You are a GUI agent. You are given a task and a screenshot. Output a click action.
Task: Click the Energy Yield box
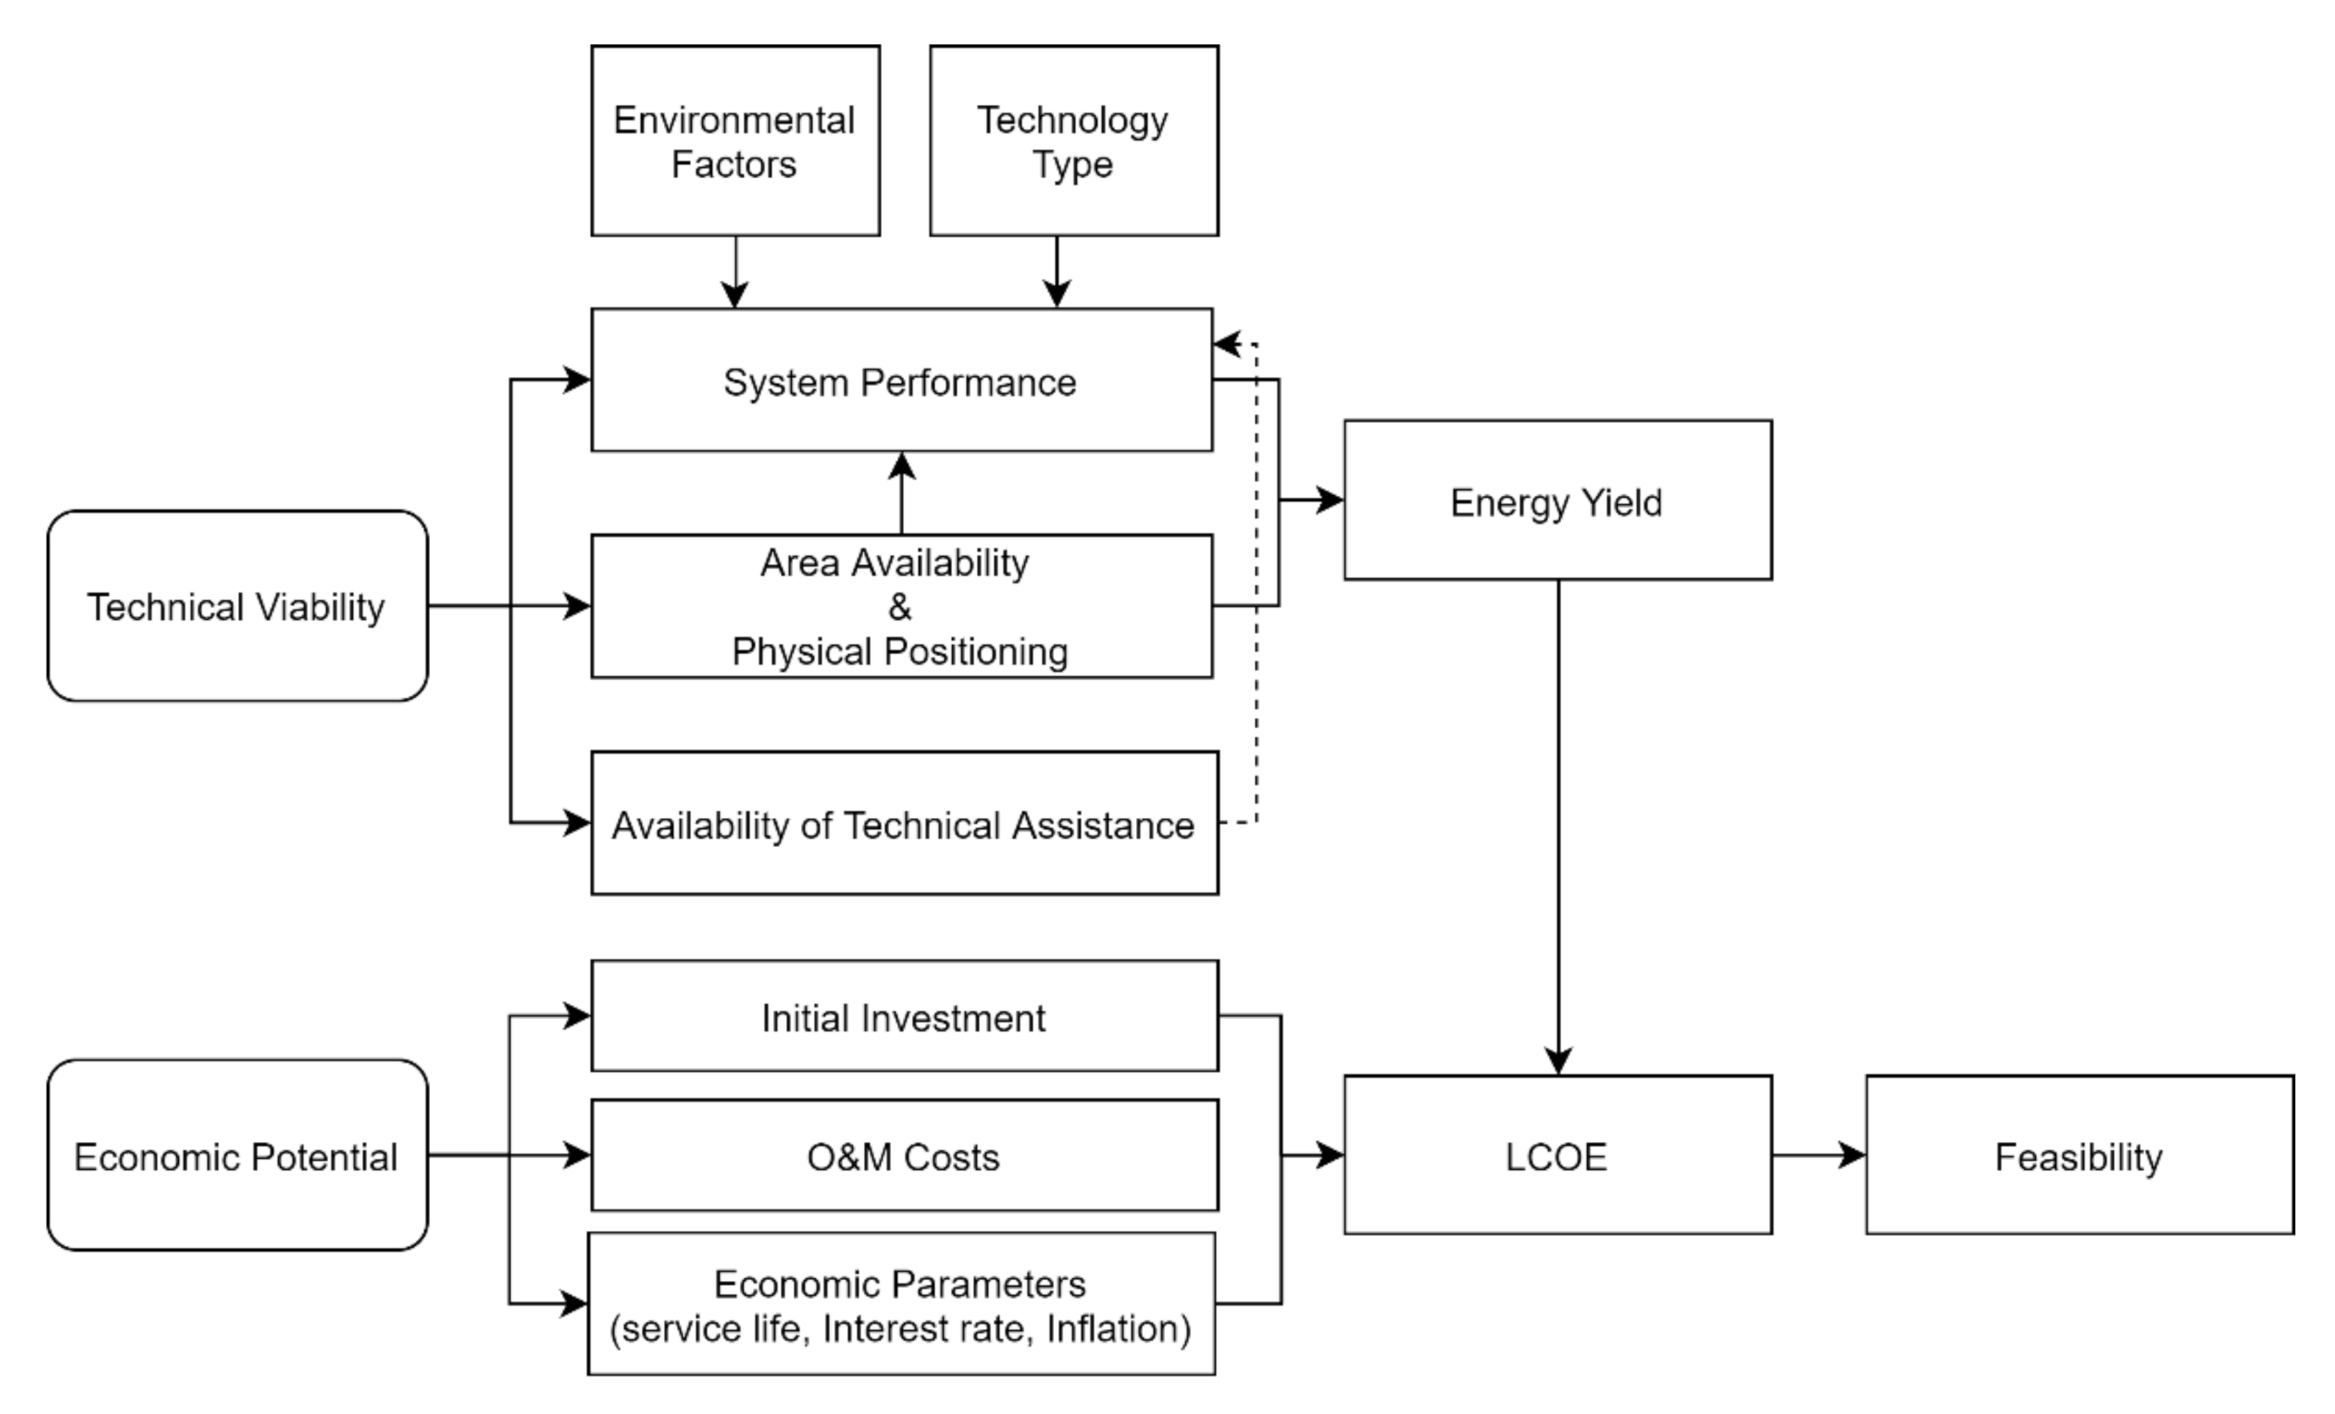(1557, 500)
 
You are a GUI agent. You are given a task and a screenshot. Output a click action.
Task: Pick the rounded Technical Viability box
(237, 606)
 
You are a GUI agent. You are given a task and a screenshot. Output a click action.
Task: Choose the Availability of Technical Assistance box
(904, 824)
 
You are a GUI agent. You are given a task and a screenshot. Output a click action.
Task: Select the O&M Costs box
(904, 1155)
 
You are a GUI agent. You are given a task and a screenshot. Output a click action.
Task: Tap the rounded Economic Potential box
(237, 1155)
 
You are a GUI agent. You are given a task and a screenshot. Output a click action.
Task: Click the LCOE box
(1557, 1155)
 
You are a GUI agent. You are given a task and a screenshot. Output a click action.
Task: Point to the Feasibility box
(2079, 1155)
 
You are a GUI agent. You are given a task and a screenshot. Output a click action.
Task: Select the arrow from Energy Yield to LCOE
(1558, 825)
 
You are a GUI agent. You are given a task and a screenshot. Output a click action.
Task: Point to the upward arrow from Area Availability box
(901, 493)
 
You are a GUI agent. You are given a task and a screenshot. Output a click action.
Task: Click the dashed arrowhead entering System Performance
(1226, 344)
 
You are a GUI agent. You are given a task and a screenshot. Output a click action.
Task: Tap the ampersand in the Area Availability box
(900, 606)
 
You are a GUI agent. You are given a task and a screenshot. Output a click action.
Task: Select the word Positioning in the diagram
(976, 652)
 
